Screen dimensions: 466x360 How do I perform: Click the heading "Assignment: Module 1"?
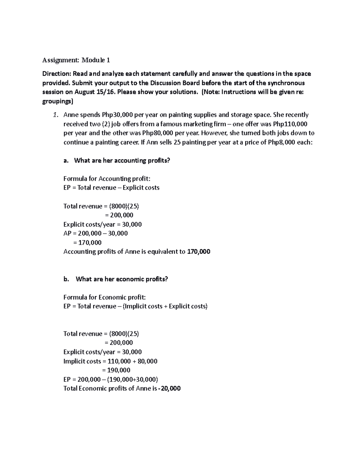(76, 60)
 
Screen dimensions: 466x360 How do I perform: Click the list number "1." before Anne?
(55, 115)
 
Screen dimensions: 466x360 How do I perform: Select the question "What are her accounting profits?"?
(122, 161)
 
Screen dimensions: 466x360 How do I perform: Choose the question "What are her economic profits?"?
(121, 279)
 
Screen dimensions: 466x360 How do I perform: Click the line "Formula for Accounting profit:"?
(107, 179)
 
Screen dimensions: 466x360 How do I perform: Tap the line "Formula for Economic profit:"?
(104, 297)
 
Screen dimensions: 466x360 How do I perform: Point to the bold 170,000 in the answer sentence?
(198, 252)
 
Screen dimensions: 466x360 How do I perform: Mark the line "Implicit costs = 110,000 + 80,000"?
(110, 361)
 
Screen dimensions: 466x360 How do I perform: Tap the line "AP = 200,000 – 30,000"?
(95, 233)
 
